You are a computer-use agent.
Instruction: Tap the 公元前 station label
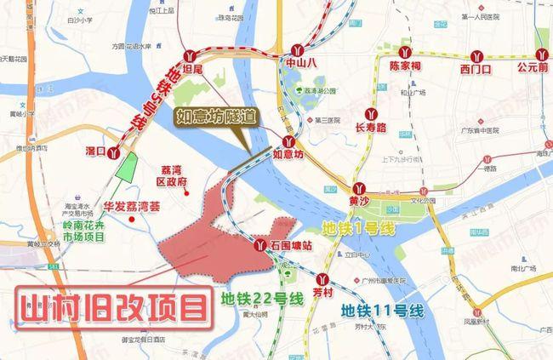click(x=533, y=66)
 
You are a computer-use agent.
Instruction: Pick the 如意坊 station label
click(x=288, y=156)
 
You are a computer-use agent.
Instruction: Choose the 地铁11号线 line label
click(x=383, y=311)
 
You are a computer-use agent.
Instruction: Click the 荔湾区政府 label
click(x=180, y=174)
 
